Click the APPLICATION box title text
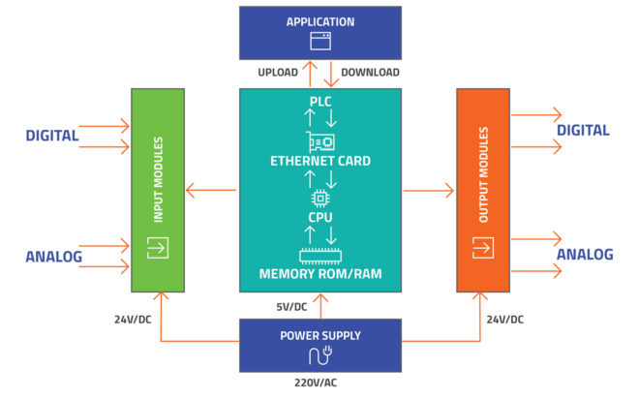(x=320, y=21)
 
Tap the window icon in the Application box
(x=320, y=41)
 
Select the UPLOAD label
(x=279, y=73)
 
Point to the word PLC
(x=320, y=102)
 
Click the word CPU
(x=320, y=220)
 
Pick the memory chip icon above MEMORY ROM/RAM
(x=320, y=257)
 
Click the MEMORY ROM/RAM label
(x=320, y=275)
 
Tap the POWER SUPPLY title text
(x=320, y=336)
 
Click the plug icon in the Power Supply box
(x=320, y=354)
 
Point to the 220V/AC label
(x=320, y=384)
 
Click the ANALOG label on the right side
(x=584, y=255)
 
